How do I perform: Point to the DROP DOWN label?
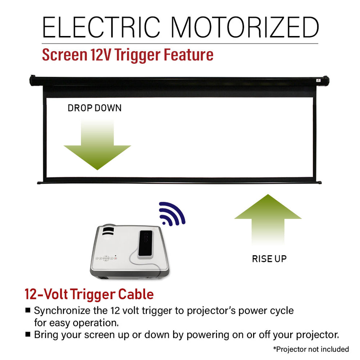[95, 108]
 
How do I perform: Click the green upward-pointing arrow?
[268, 218]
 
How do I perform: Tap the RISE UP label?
[269, 259]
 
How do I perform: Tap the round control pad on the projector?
[106, 259]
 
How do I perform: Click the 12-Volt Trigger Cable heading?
[89, 294]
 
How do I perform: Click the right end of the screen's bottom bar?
[319, 182]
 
